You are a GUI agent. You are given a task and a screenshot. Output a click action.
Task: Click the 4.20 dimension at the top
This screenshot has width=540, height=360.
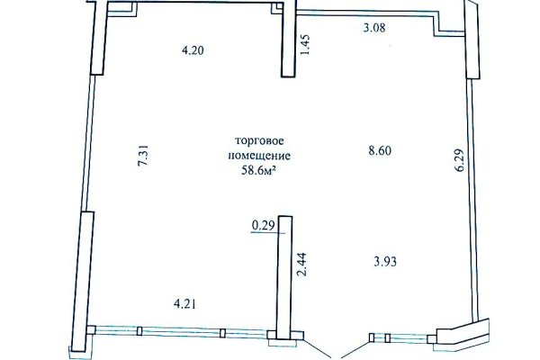(191, 51)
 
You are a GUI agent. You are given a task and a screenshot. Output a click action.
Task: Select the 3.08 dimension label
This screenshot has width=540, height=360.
(373, 29)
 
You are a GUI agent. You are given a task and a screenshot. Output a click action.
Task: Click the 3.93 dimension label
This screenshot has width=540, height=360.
(386, 262)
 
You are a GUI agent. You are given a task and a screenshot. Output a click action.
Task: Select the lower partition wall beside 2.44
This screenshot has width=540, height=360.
(283, 274)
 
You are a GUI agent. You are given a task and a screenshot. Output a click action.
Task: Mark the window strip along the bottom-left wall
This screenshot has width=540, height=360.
(180, 333)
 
